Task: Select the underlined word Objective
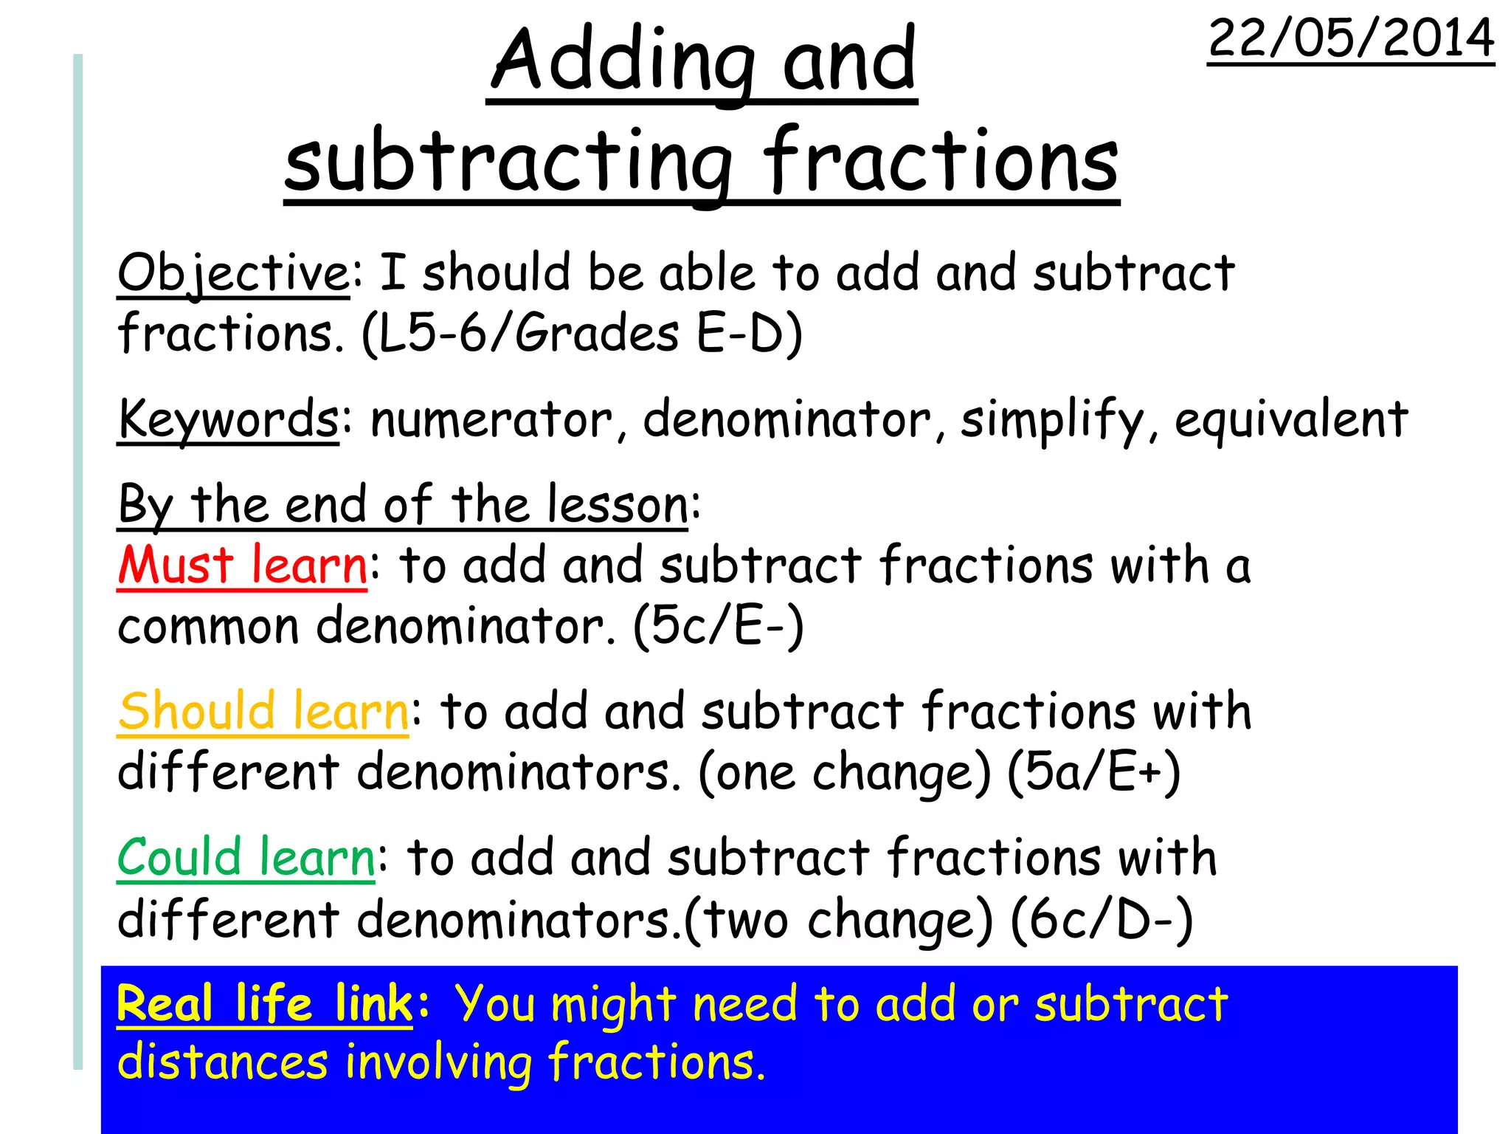coord(233,273)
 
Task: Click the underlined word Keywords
coord(228,419)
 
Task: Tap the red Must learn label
coord(242,566)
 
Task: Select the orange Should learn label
coord(263,712)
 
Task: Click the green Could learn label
coord(246,858)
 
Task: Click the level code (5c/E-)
coord(718,627)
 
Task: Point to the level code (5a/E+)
coord(1093,773)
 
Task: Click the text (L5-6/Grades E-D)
coord(581,334)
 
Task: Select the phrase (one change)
coord(844,773)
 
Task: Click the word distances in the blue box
coord(223,1063)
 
